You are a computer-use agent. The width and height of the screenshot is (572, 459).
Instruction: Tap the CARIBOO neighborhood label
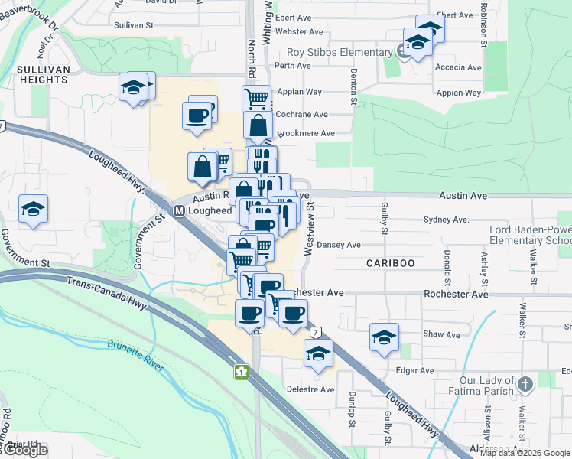(x=390, y=262)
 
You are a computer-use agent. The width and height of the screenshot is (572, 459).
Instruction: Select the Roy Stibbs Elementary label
(x=340, y=52)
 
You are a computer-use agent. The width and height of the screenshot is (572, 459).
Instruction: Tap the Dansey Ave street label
(x=340, y=245)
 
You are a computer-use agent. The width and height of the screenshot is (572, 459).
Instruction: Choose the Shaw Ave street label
(x=442, y=334)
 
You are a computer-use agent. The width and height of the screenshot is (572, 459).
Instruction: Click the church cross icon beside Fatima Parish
(x=525, y=382)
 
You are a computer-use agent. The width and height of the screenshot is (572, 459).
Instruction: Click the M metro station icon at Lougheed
(x=178, y=210)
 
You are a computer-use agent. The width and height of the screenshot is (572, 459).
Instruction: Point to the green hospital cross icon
(x=242, y=372)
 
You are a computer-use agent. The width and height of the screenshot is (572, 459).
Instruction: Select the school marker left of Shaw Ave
(x=384, y=337)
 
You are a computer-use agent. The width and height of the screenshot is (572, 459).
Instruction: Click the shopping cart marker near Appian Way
(x=257, y=97)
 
